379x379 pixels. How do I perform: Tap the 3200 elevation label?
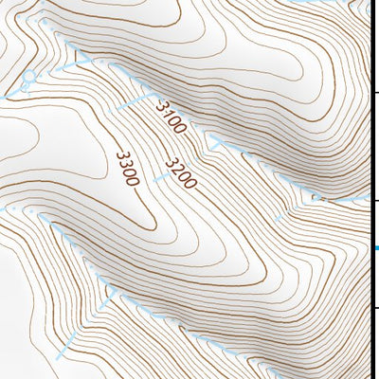coord(181,172)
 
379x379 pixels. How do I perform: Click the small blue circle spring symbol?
coord(29,76)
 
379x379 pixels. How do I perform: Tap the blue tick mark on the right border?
coord(374,248)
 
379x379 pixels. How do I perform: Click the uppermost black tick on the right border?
coord(374,92)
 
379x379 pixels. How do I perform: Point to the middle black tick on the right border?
coord(374,200)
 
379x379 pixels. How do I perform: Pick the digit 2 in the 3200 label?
coord(177,169)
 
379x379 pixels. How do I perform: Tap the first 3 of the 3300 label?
coord(119,155)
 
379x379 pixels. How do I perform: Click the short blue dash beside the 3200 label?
coord(217,143)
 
